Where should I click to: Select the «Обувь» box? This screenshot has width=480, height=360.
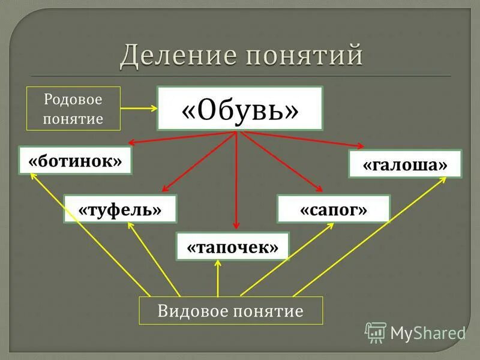[x=240, y=108]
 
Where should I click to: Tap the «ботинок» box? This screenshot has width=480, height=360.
[x=75, y=160]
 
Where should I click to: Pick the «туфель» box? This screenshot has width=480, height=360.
[x=121, y=209]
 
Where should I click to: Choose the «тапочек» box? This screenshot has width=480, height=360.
[x=233, y=247]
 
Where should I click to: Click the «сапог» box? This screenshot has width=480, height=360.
[x=334, y=209]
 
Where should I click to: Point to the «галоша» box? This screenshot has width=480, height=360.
[x=406, y=164]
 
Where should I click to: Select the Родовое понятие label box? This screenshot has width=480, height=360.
[x=74, y=109]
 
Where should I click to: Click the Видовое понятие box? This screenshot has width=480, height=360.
[x=231, y=311]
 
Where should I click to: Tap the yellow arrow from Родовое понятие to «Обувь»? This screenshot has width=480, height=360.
[x=139, y=109]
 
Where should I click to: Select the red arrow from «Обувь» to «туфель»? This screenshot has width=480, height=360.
[x=198, y=162]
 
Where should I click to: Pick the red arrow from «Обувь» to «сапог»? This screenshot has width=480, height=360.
[x=279, y=161]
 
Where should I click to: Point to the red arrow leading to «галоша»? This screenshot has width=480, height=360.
[x=300, y=139]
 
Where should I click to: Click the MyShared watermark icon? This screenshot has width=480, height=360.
[x=376, y=332]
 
